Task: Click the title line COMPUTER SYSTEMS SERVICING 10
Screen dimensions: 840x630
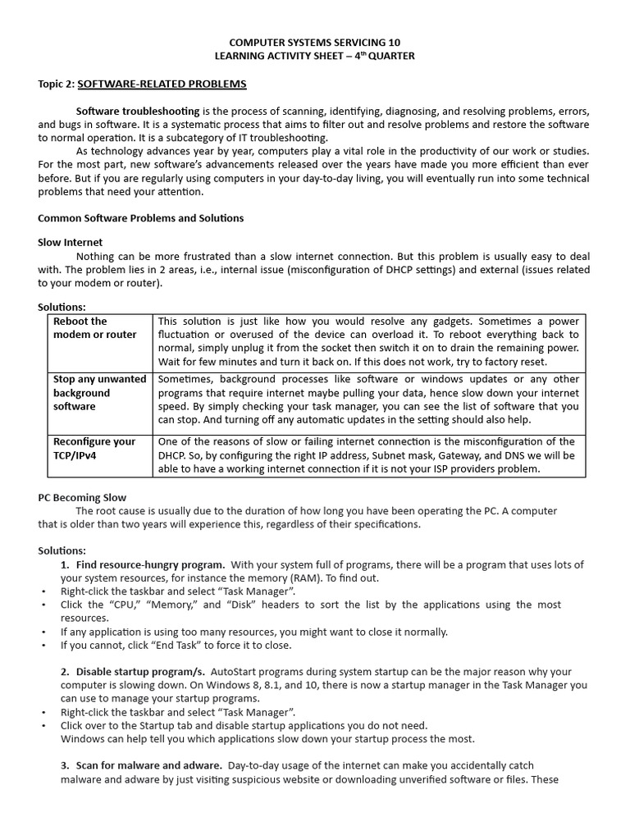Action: pos(315,42)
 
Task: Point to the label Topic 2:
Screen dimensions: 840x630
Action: pos(57,84)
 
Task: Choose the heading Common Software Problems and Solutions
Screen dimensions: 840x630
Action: pos(141,218)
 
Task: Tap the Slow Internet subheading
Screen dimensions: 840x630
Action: pos(71,243)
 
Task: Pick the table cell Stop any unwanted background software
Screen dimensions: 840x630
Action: pos(99,392)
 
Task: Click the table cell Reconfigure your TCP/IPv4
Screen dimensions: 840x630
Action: pos(94,448)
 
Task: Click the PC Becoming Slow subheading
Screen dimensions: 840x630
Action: pos(82,497)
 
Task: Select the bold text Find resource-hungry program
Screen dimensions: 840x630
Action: pos(150,564)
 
